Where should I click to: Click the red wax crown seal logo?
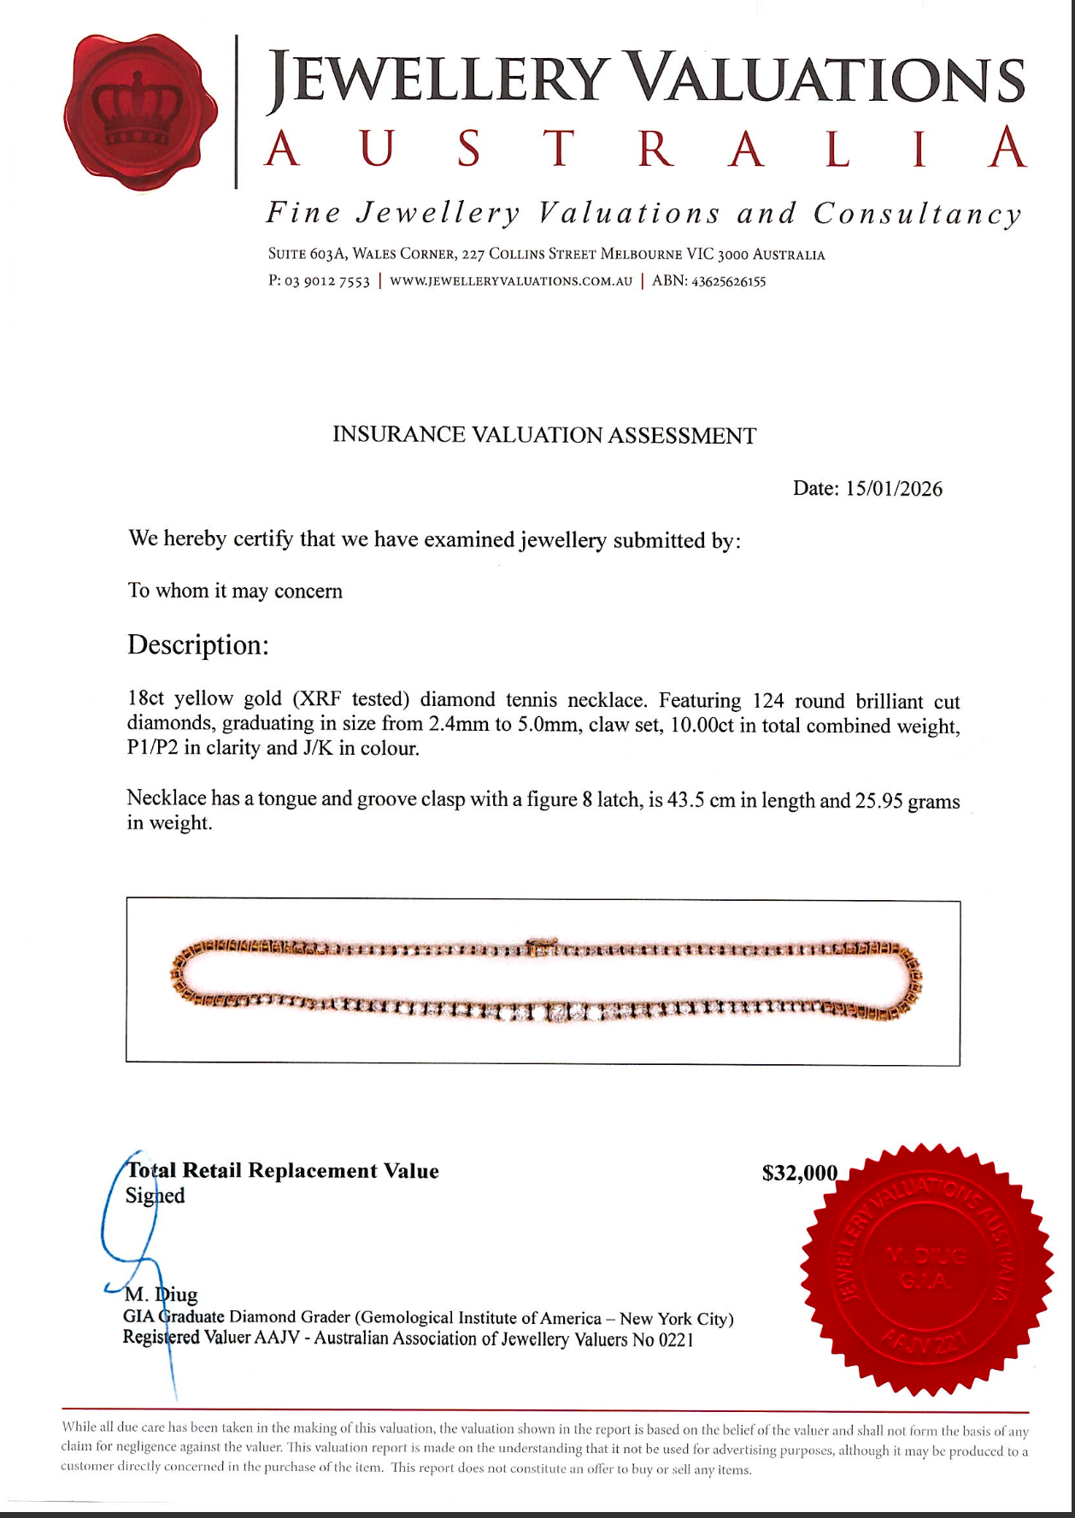click(x=139, y=114)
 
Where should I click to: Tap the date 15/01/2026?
click(x=894, y=489)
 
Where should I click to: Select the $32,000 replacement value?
click(x=799, y=1173)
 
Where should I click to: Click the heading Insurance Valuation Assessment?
click(x=544, y=435)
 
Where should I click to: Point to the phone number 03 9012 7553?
click(x=327, y=281)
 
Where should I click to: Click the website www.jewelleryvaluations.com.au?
click(x=511, y=281)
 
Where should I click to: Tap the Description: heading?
click(x=198, y=644)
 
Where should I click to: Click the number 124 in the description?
click(x=767, y=702)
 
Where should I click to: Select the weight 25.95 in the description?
click(x=878, y=802)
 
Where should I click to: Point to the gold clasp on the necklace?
click(x=541, y=945)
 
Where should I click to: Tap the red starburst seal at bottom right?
click(x=925, y=1271)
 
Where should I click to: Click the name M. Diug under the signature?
click(x=162, y=1295)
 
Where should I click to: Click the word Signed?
click(x=155, y=1196)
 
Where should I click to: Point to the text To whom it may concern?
click(x=235, y=591)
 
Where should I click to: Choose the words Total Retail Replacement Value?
click(x=283, y=1171)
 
